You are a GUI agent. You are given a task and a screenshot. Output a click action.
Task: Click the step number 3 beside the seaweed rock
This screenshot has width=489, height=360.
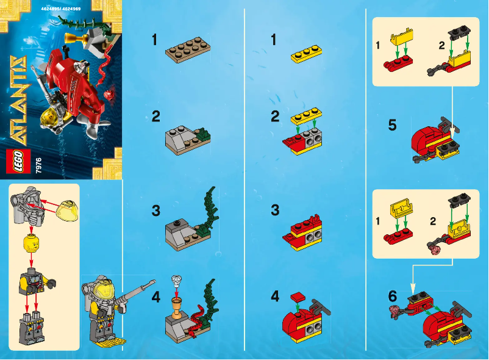tap(156, 211)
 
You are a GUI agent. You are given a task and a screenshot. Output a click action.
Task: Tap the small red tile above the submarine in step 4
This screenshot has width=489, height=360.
tap(298, 297)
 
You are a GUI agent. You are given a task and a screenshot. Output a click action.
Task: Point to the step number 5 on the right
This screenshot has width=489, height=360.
tap(392, 126)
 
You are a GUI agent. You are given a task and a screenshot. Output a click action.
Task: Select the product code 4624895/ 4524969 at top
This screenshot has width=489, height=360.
tap(62, 10)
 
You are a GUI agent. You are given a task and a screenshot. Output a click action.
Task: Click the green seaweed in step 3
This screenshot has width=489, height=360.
tap(209, 211)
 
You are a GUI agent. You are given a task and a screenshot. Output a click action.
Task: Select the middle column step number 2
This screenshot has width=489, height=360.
tap(275, 115)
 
